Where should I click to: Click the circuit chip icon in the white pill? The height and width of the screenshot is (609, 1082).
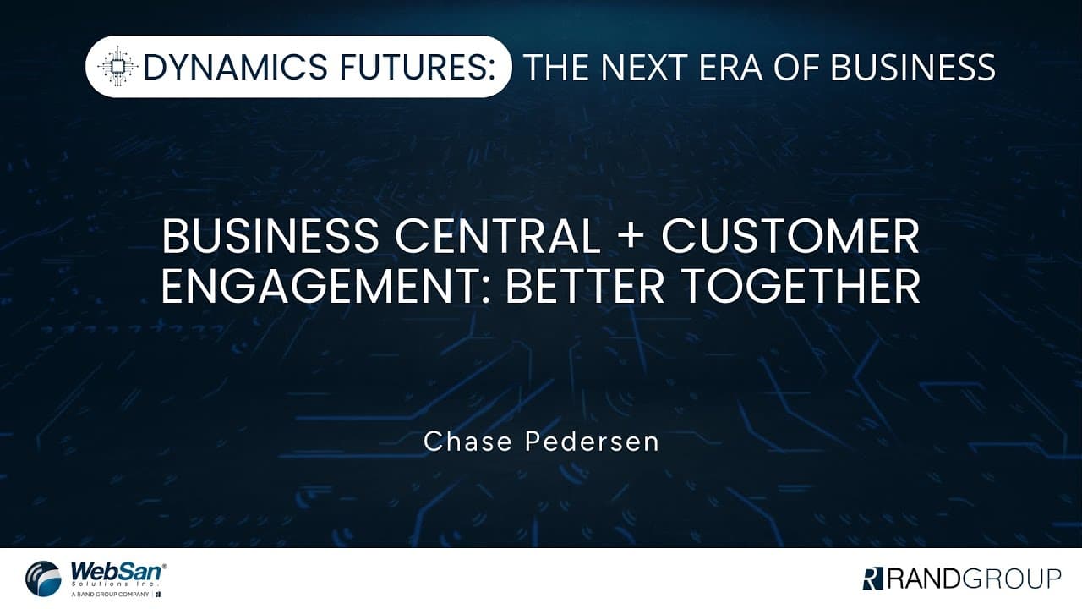pyautogui.click(x=117, y=67)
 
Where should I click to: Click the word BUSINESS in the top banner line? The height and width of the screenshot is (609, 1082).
pyautogui.click(x=912, y=67)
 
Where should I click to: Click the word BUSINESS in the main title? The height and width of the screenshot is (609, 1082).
pyautogui.click(x=270, y=238)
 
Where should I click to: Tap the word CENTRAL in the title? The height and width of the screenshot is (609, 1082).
pyautogui.click(x=493, y=238)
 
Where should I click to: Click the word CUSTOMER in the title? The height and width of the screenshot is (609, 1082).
pyautogui.click(x=790, y=238)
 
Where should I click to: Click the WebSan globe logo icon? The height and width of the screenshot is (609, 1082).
pyautogui.click(x=43, y=579)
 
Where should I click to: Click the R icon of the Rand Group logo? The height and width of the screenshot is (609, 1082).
pyautogui.click(x=872, y=579)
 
